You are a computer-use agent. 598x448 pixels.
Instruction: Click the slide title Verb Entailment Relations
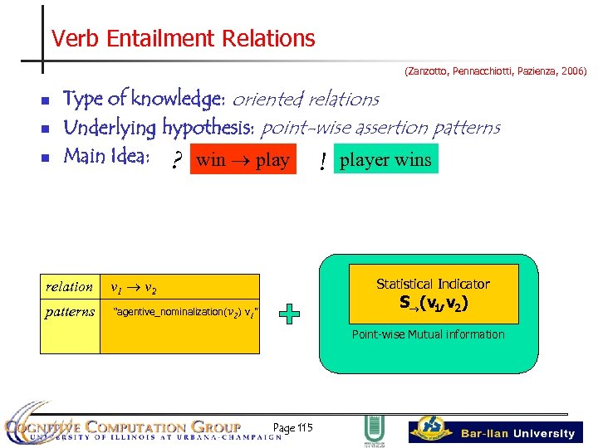pos(183,39)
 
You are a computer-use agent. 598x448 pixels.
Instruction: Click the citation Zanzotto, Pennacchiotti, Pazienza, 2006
pos(495,72)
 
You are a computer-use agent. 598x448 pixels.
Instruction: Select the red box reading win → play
pos(243,160)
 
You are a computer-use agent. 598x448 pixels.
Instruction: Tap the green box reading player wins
pos(385,159)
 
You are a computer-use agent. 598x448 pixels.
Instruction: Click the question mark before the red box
pos(176,162)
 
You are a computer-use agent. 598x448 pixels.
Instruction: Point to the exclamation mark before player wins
pos(321,163)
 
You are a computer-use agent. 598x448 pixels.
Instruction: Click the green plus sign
pos(289,314)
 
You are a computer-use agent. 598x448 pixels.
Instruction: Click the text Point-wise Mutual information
pos(428,334)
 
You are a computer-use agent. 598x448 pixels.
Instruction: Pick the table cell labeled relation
pos(70,287)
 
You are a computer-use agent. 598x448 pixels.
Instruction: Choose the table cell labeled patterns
pos(70,312)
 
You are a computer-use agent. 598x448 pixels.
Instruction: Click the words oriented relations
pos(305,100)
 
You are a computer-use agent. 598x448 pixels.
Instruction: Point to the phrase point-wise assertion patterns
pos(380,128)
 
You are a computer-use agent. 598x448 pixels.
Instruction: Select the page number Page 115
pos(292,426)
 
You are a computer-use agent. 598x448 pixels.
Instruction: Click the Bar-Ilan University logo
pos(496,431)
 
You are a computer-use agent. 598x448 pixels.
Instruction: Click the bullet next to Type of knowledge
pos(45,101)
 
